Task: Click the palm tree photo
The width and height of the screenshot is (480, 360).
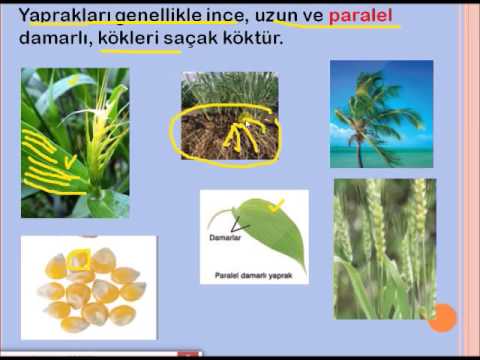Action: (x=381, y=113)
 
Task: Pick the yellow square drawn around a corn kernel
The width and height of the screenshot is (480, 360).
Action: (x=78, y=261)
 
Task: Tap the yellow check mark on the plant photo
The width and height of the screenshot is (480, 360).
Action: (x=70, y=160)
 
